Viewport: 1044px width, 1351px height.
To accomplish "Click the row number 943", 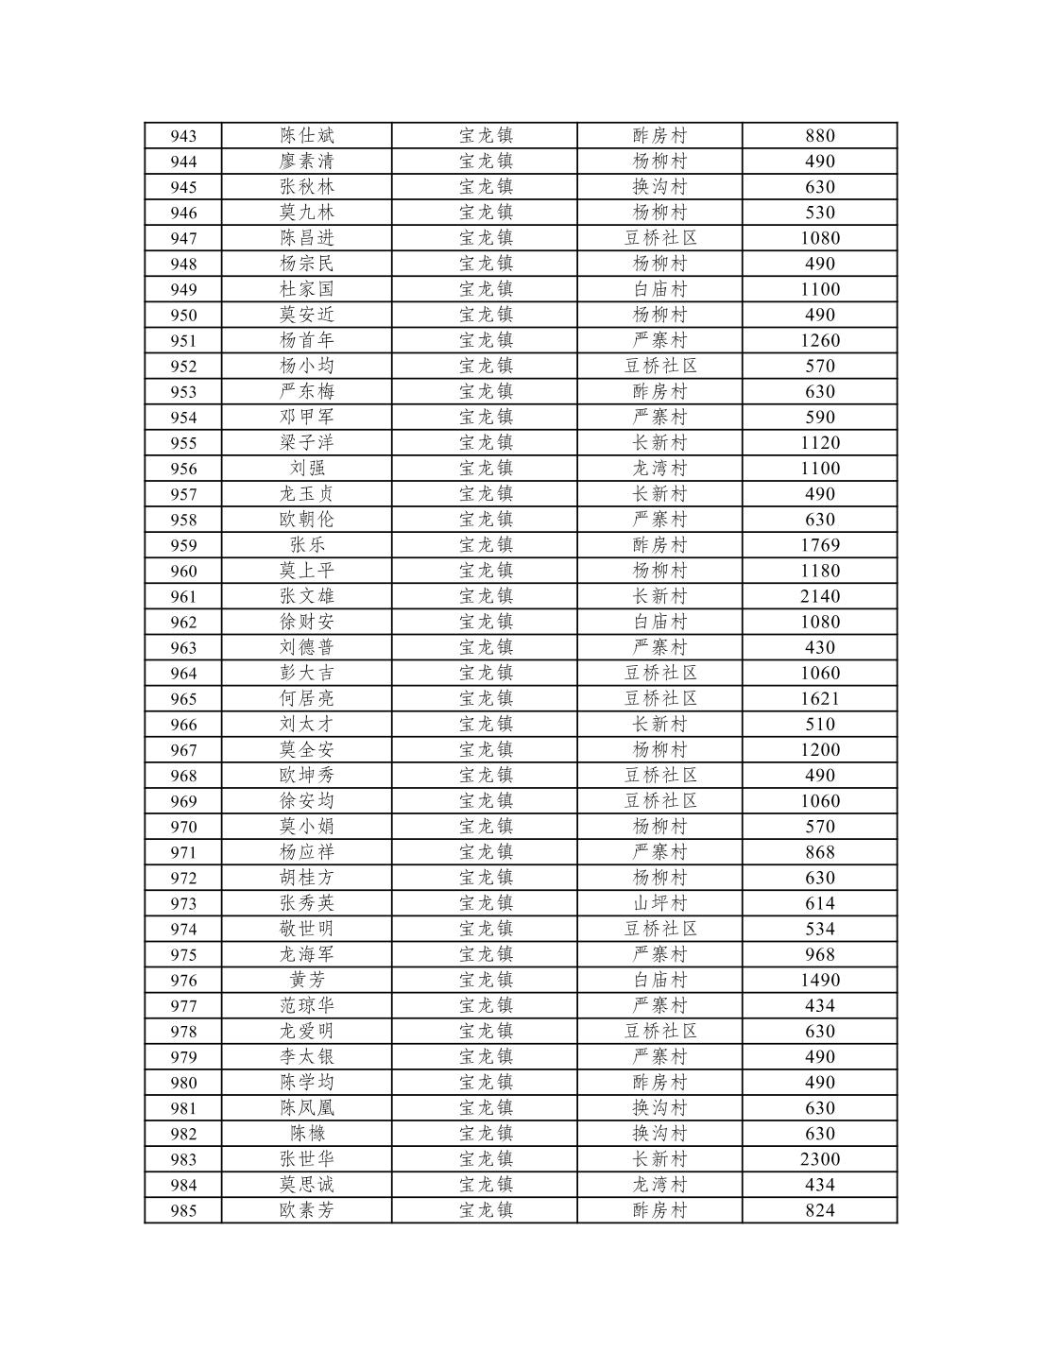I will (x=183, y=136).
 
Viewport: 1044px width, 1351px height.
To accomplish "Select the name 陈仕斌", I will (x=307, y=136).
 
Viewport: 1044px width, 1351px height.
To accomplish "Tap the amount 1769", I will (x=819, y=545).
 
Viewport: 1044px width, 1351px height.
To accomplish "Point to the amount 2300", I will (x=819, y=1159).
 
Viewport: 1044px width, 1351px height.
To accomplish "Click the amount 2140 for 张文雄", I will (x=819, y=596).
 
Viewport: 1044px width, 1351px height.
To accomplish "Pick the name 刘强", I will (x=307, y=469).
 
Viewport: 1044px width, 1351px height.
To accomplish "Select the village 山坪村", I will (x=659, y=903).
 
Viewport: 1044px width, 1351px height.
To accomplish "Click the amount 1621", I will (x=819, y=699).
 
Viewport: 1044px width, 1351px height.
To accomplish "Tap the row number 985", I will (x=183, y=1211).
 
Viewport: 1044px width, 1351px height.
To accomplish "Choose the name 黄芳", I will (x=307, y=981).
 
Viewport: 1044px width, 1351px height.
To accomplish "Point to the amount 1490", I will (x=819, y=981).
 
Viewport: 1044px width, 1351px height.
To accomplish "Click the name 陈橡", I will (x=307, y=1134).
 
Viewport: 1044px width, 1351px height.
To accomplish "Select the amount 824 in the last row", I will (x=819, y=1211).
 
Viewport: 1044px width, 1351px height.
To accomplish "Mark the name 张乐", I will (x=307, y=545).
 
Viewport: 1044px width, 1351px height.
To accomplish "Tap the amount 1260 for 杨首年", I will (x=819, y=341).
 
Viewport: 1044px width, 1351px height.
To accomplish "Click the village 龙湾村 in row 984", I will (x=659, y=1185).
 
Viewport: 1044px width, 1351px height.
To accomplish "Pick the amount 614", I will (x=819, y=903).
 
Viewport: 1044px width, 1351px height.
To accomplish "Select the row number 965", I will (x=183, y=699).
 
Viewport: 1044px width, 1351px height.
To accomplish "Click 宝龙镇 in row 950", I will (x=486, y=315).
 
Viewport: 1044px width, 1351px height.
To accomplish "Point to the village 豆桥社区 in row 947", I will (x=659, y=238).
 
